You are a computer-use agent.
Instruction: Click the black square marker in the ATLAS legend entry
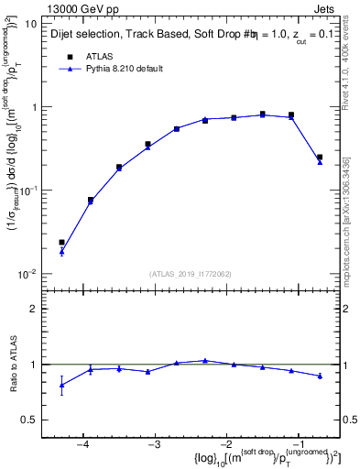pos(68,56)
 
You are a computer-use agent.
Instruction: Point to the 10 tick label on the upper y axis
pos(29,24)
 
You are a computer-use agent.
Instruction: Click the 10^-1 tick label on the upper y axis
pos(27,191)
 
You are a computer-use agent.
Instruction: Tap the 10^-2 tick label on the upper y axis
pos(27,274)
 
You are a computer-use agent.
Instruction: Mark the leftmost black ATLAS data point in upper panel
pos(61,243)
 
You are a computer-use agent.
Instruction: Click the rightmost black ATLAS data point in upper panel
pos(320,158)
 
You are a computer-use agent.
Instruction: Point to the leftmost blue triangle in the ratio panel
pos(61,385)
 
